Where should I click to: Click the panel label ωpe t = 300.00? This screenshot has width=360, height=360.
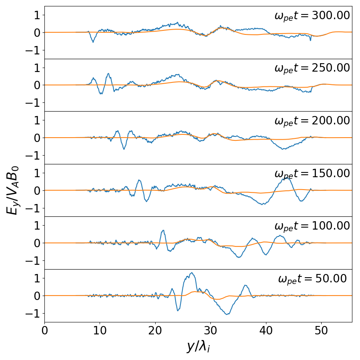(x=312, y=16)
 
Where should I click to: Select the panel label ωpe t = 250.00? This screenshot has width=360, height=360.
(x=312, y=68)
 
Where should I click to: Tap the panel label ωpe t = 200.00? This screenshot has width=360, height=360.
(x=312, y=121)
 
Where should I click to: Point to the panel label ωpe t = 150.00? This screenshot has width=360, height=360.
(x=312, y=174)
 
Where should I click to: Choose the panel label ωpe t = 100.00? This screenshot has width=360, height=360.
(x=312, y=226)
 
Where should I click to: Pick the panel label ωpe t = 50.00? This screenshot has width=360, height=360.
(x=312, y=279)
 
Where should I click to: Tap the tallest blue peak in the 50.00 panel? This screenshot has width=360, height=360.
(x=192, y=273)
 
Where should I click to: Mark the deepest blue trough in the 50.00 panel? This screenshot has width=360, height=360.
(x=227, y=314)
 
